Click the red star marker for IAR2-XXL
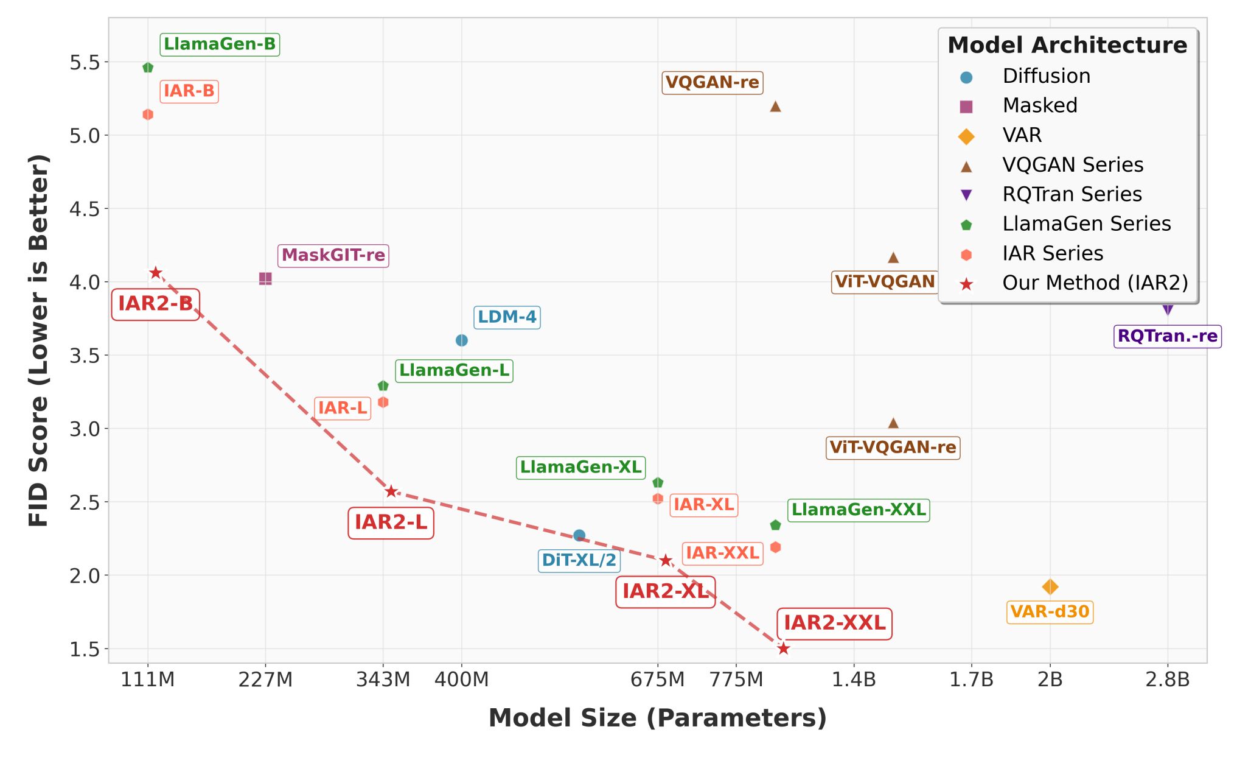coord(783,649)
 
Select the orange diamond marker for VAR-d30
coord(1050,587)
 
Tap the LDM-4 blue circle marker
coord(461,340)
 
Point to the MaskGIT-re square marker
coord(265,278)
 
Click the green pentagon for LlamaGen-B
coord(148,68)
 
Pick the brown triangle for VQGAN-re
coord(775,107)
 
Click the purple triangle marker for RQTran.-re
coord(1167,309)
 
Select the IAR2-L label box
coord(391,522)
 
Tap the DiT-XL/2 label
coord(579,560)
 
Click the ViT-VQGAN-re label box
coord(893,448)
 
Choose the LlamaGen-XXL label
coord(859,510)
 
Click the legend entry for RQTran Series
coord(1072,194)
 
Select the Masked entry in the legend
coord(1039,105)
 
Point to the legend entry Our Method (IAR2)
coord(1095,283)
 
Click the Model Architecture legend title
coord(1067,46)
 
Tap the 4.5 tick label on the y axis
coord(85,209)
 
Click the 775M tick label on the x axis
coord(736,679)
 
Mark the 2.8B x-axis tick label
coord(1167,679)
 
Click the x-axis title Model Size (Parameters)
coord(658,718)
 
